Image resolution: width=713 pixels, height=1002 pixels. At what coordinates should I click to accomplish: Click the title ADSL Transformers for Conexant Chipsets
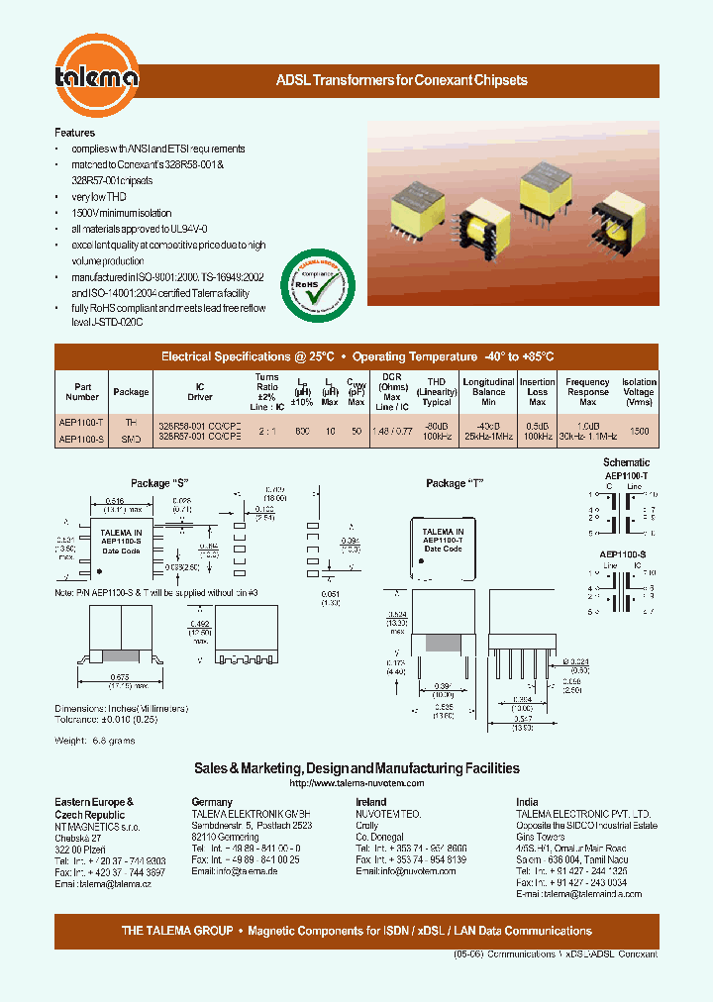[x=400, y=80]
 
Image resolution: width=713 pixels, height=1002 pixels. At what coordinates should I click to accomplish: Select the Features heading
[x=74, y=133]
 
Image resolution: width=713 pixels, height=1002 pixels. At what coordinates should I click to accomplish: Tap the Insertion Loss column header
[x=538, y=391]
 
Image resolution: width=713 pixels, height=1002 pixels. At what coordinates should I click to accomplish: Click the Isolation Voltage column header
[x=639, y=391]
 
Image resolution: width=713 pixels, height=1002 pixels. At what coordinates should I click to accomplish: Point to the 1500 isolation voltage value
[x=640, y=431]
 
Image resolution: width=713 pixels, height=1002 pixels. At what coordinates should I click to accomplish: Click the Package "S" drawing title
[x=159, y=483]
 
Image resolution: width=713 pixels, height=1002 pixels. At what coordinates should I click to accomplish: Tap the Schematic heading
[x=626, y=462]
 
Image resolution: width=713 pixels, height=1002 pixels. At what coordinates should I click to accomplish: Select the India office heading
[x=526, y=802]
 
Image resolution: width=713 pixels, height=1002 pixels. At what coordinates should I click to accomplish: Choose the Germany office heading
[x=212, y=802]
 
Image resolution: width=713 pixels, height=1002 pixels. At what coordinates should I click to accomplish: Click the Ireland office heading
[x=370, y=802]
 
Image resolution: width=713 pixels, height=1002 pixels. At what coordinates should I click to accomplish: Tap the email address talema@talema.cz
[x=103, y=883]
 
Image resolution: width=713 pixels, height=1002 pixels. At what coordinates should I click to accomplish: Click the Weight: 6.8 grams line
[x=95, y=741]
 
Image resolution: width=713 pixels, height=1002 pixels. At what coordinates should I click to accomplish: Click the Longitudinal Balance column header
[x=488, y=391]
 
